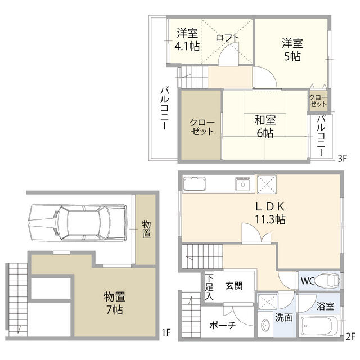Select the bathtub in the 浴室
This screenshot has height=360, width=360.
pyautogui.click(x=318, y=326)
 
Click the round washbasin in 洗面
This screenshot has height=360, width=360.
pyautogui.click(x=265, y=326)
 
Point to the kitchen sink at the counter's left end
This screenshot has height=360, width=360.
pyautogui.click(x=195, y=184)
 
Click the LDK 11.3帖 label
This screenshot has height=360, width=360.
pyautogui.click(x=269, y=213)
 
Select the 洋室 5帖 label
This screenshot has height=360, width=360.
pyautogui.click(x=292, y=48)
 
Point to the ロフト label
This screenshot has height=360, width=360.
pyautogui.click(x=227, y=38)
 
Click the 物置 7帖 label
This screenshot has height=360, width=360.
pyautogui.click(x=114, y=303)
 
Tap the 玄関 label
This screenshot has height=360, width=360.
pyautogui.click(x=234, y=285)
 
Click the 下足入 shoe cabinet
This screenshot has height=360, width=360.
pyautogui.click(x=209, y=286)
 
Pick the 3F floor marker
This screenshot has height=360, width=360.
pyautogui.click(x=343, y=159)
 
